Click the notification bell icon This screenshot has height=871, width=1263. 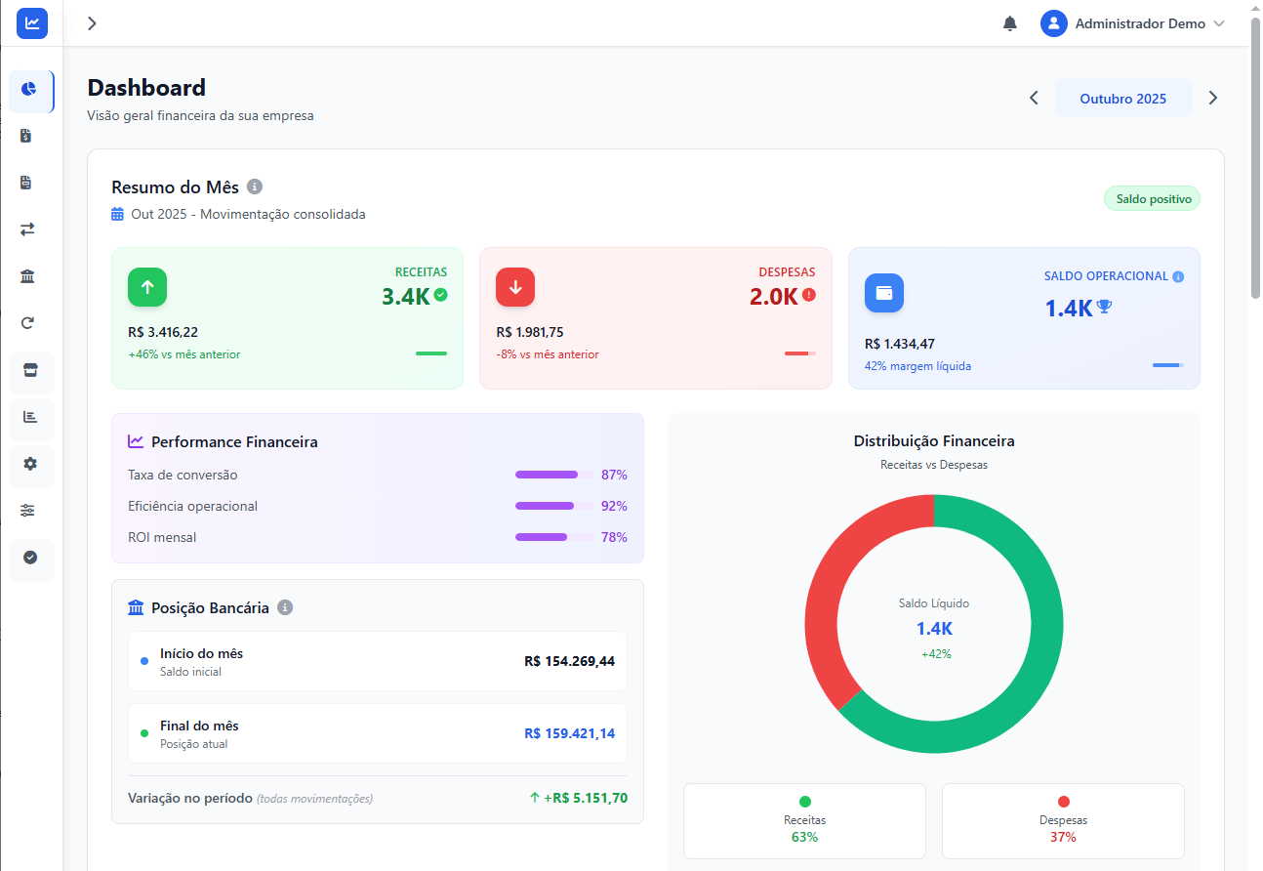(x=1010, y=23)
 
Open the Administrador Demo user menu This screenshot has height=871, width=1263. (x=1132, y=23)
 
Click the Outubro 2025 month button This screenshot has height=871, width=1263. (x=1122, y=99)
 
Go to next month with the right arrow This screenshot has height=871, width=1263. (x=1213, y=98)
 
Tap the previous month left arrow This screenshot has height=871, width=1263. (x=1034, y=98)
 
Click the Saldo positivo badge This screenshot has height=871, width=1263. (x=1153, y=199)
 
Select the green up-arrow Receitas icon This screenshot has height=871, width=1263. (x=147, y=287)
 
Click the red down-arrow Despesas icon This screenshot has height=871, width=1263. (x=515, y=287)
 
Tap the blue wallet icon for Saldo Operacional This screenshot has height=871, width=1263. (x=884, y=293)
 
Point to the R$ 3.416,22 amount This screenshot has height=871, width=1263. (x=163, y=332)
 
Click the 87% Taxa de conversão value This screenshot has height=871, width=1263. (x=614, y=475)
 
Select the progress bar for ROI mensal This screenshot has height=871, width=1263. (x=553, y=537)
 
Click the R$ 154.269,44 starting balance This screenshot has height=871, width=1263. (x=569, y=661)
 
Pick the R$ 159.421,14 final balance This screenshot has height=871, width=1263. (x=569, y=733)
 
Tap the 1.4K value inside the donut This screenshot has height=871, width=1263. (x=934, y=629)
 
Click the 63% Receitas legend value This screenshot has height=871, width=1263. (x=804, y=837)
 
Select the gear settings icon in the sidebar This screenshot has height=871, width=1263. (x=30, y=464)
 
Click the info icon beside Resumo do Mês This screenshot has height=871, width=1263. (x=255, y=187)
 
